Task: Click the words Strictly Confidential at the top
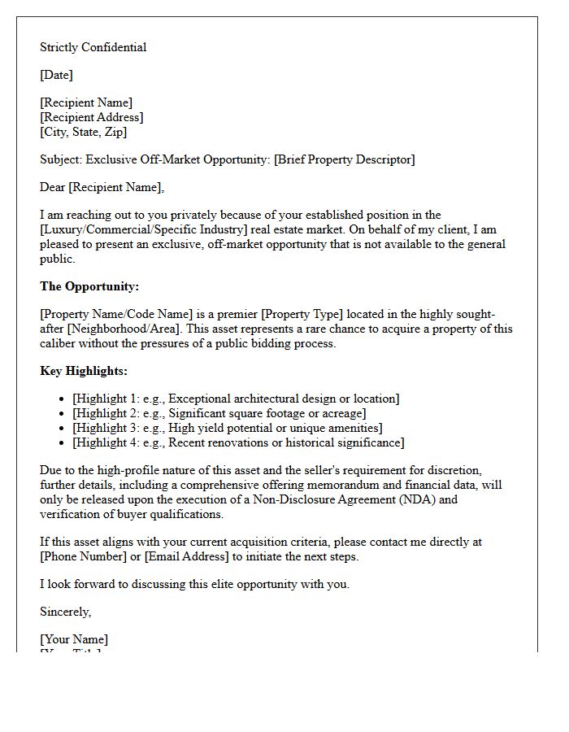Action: click(x=93, y=47)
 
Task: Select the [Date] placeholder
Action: click(x=56, y=75)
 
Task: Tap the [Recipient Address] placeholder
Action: click(x=92, y=117)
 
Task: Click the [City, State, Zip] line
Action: click(x=84, y=132)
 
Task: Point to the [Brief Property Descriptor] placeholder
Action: click(x=344, y=159)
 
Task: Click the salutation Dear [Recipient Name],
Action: click(x=102, y=187)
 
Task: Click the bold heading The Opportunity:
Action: click(x=89, y=286)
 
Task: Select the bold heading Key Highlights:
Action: click(x=84, y=371)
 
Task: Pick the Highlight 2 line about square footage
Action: click(x=219, y=413)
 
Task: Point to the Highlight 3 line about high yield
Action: click(x=227, y=428)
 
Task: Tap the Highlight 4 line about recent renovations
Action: click(x=238, y=442)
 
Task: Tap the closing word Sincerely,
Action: click(x=65, y=612)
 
